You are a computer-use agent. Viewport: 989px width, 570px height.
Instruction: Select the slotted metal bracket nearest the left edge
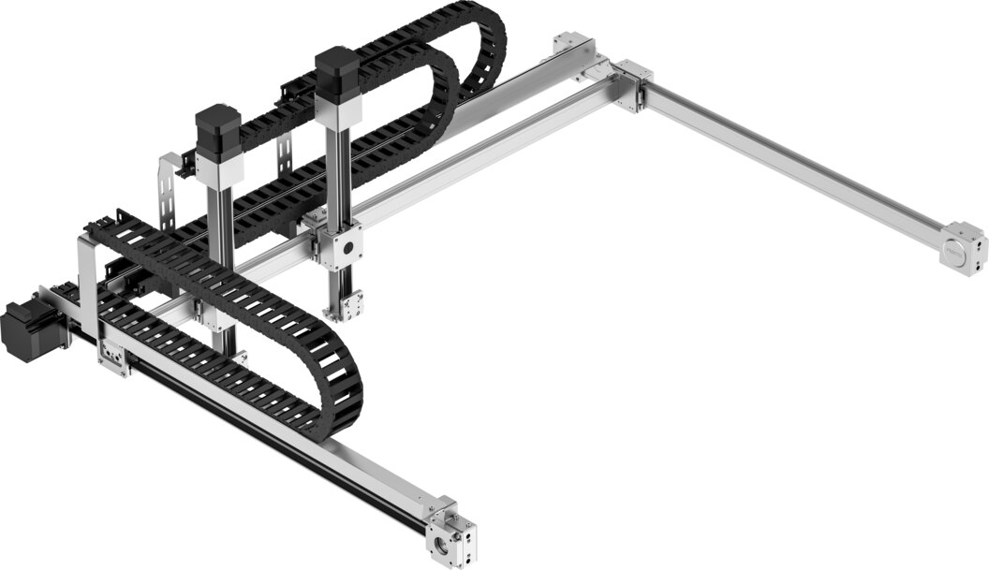pyautogui.click(x=169, y=194)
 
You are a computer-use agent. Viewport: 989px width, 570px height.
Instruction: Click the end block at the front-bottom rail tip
pyautogui.click(x=451, y=533)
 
